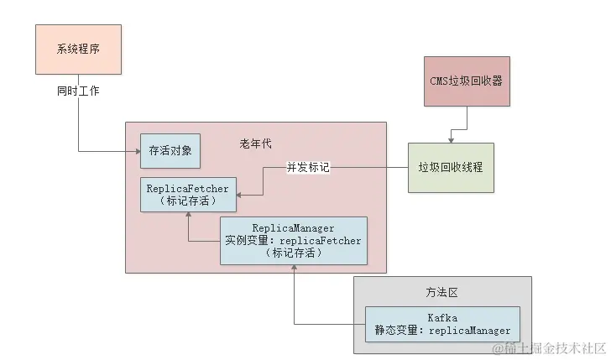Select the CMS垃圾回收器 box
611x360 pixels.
pyautogui.click(x=467, y=81)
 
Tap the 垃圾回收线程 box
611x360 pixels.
pyautogui.click(x=451, y=168)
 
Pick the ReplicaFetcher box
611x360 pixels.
pyautogui.click(x=187, y=195)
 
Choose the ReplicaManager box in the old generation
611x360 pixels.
pyautogui.click(x=294, y=240)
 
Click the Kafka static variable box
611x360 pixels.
pyautogui.click(x=442, y=324)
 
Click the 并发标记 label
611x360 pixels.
pyautogui.click(x=308, y=168)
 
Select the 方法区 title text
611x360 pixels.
pyautogui.click(x=441, y=292)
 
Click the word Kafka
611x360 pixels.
pyautogui.click(x=442, y=318)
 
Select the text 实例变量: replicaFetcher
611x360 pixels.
pyautogui.click(x=294, y=240)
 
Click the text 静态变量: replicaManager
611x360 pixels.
pyautogui.click(x=442, y=331)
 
